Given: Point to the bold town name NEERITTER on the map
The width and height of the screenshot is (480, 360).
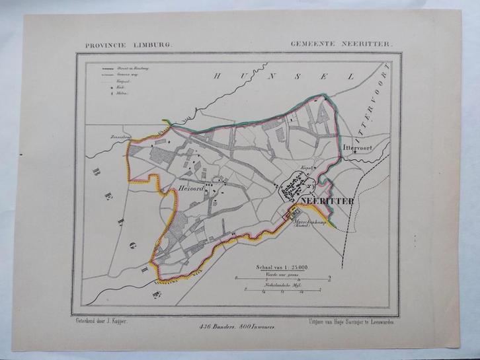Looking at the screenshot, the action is click(327, 200).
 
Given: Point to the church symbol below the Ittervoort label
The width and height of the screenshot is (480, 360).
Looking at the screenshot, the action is click(354, 154).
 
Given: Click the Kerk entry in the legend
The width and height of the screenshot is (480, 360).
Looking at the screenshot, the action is click(116, 87).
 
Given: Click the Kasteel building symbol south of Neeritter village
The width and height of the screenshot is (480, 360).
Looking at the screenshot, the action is click(288, 213).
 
